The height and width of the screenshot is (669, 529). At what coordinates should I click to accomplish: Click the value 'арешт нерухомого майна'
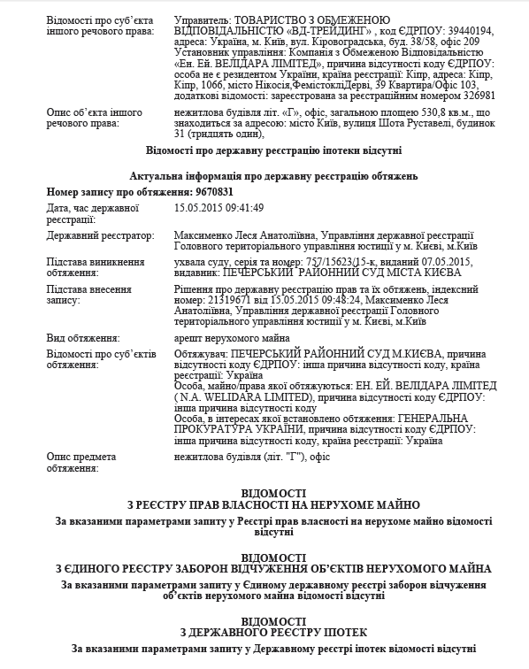point(232,338)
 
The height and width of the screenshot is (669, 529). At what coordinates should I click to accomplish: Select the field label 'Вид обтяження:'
point(83,338)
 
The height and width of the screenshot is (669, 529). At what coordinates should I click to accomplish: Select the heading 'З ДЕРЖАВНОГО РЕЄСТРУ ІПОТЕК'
point(264,633)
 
